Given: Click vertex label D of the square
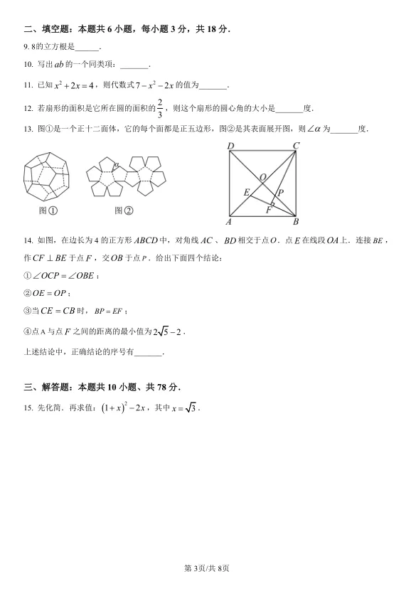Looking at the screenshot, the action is [x=230, y=147].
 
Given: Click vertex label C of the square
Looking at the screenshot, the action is [x=296, y=147].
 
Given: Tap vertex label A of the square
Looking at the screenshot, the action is [x=229, y=222].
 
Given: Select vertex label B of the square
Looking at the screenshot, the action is [x=296, y=222].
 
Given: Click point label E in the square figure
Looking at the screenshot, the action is [x=246, y=192].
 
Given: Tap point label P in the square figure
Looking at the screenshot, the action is [x=280, y=192].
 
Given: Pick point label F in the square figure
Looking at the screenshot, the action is [x=269, y=209].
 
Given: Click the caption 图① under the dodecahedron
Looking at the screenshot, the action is [x=48, y=211].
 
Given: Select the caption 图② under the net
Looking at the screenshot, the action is [x=124, y=211].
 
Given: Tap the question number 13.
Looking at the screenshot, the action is [x=28, y=129].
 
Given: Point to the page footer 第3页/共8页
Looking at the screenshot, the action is [x=206, y=568].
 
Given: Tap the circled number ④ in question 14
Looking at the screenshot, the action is [x=28, y=331].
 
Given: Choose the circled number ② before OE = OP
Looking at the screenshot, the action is [x=28, y=293].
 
